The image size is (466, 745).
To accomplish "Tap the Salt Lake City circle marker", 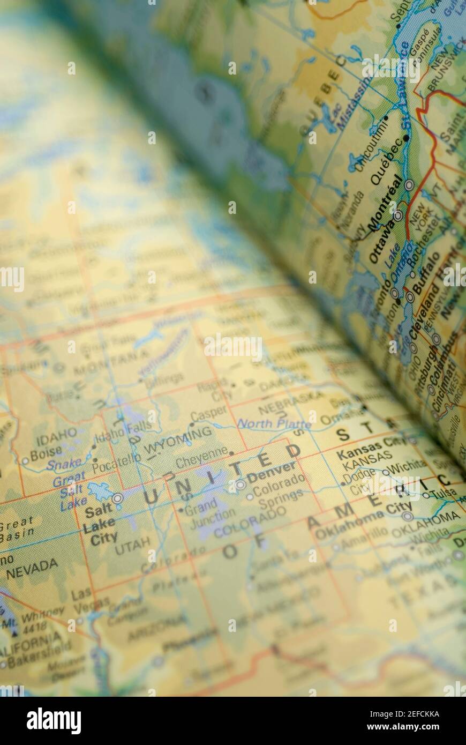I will (117, 498).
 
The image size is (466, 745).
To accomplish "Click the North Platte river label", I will (274, 424).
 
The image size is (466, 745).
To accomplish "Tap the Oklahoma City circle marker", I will (408, 516).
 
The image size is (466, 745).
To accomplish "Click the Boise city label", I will (46, 455).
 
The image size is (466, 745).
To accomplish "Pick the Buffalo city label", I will (426, 273).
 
